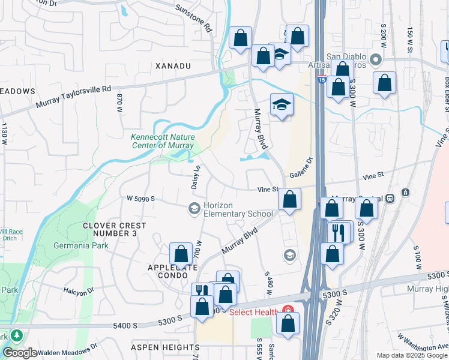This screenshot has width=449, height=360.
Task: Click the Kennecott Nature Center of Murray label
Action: (163, 140)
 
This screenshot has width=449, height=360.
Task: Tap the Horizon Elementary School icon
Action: (194, 209)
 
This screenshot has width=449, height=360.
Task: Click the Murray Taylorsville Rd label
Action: (74, 96)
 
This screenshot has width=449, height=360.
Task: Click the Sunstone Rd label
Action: (194, 18)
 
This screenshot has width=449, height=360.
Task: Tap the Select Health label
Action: (253, 312)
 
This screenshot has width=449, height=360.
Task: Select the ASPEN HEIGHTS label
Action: (166, 347)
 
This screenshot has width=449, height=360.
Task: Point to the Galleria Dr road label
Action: (302, 169)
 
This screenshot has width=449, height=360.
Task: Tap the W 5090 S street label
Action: (141, 199)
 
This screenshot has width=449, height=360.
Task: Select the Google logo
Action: (20, 353)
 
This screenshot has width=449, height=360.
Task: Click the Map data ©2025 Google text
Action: (412, 355)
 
